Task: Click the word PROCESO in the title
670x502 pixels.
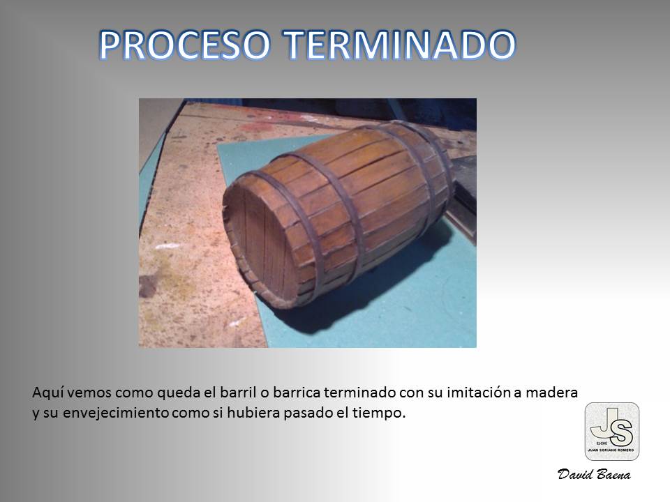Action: pos(184,45)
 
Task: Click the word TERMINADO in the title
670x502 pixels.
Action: pos(400,45)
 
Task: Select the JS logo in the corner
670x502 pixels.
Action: pos(612,432)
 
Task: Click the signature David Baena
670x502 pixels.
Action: pos(594,474)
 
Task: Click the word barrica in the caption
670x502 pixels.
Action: pos(297,393)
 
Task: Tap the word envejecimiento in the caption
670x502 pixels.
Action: pos(117,413)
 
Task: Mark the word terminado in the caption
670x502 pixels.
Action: pos(360,393)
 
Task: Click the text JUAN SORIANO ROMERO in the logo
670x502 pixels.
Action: pos(611,450)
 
